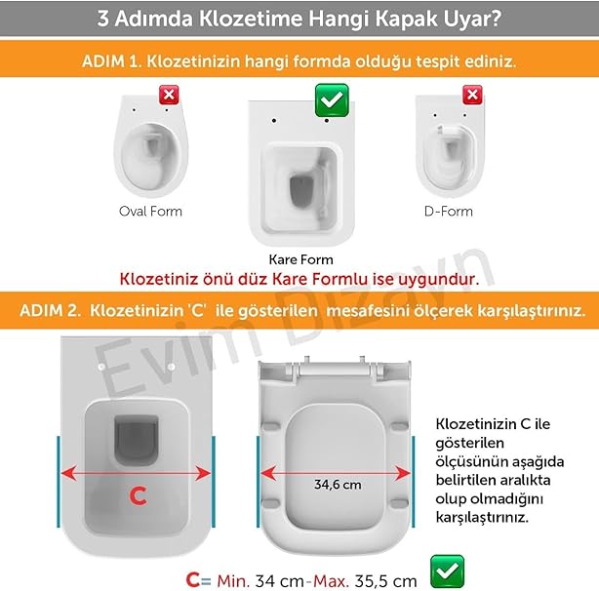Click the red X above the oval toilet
pyautogui.click(x=169, y=95)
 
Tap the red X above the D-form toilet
pyautogui.click(x=472, y=95)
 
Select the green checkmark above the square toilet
pyautogui.click(x=332, y=100)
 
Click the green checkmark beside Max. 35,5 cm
pyautogui.click(x=447, y=571)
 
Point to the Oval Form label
pyautogui.click(x=150, y=211)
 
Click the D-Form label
pyautogui.click(x=449, y=211)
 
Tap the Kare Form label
pyautogui.click(x=301, y=259)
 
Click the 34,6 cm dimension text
pyautogui.click(x=338, y=485)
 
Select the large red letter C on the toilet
pyautogui.click(x=138, y=495)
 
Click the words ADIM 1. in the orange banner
pyautogui.click(x=111, y=61)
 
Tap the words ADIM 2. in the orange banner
pyautogui.click(x=51, y=310)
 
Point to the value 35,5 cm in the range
pyautogui.click(x=385, y=581)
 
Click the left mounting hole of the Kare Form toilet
pyautogui.click(x=274, y=121)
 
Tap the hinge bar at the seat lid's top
pyautogui.click(x=335, y=370)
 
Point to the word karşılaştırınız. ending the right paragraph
pyautogui.click(x=483, y=518)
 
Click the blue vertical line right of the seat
pyautogui.click(x=414, y=482)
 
